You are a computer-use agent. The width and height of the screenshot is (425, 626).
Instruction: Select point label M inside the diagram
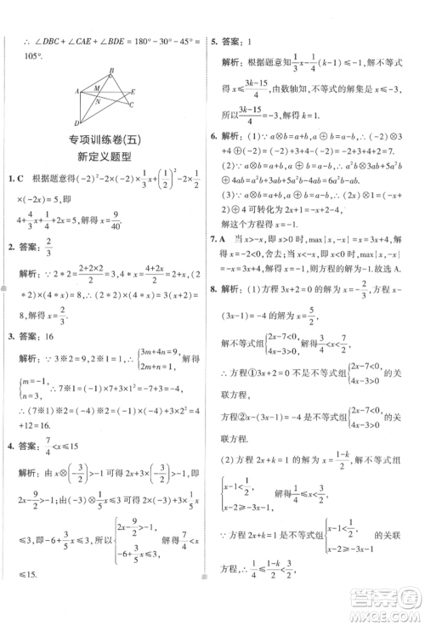(96, 86)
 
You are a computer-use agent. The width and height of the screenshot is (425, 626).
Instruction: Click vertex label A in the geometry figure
(76, 90)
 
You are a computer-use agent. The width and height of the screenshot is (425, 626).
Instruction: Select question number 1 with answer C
(12, 179)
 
